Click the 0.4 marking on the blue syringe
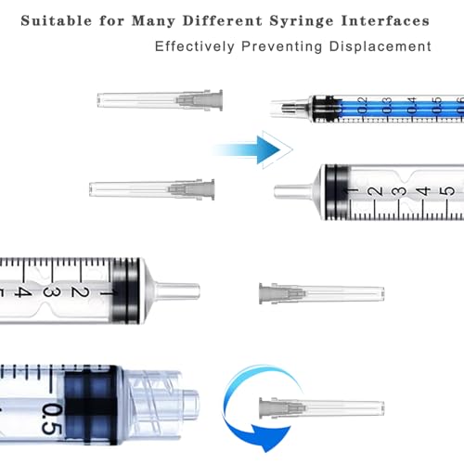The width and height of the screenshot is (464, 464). tap(410, 104)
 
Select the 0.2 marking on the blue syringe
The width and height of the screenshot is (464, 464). tap(362, 104)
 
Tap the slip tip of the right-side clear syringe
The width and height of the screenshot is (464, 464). tap(290, 192)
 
